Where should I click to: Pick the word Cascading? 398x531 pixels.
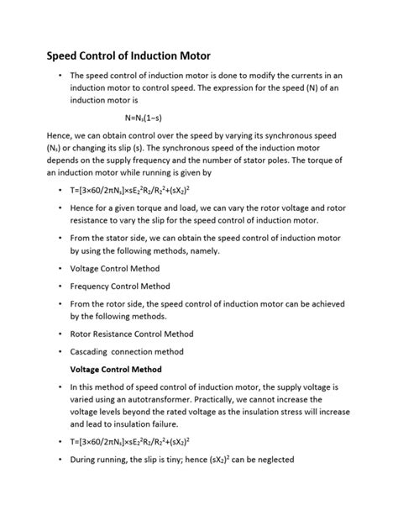(x=94, y=352)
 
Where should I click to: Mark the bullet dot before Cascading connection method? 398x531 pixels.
(x=60, y=352)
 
